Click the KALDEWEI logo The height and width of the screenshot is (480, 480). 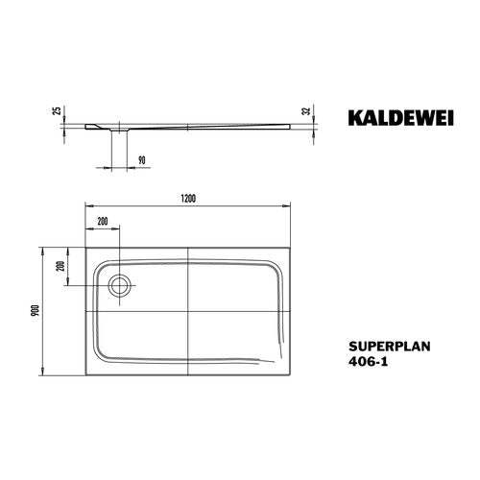tap(400, 118)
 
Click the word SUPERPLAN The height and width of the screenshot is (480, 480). tap(390, 347)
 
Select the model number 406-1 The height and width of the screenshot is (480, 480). tap(368, 362)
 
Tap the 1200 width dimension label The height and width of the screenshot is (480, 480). tap(188, 199)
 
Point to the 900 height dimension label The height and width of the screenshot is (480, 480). tap(36, 311)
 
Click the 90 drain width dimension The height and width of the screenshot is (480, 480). tap(141, 159)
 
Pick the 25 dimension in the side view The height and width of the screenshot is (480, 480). tap(58, 110)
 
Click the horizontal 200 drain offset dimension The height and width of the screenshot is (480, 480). tap(103, 222)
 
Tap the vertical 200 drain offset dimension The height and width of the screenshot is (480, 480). tap(60, 266)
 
